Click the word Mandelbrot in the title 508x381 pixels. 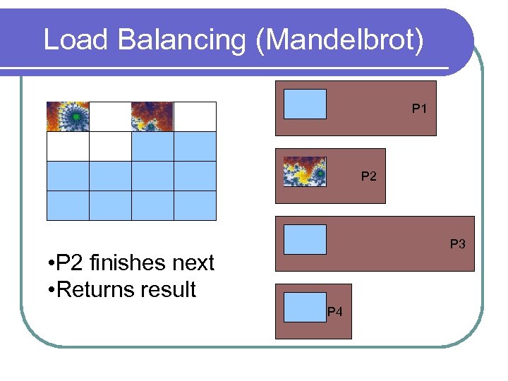pos(341,40)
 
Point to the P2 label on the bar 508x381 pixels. pos(368,176)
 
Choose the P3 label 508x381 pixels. pos(458,244)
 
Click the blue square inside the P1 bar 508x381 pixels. pos(305,104)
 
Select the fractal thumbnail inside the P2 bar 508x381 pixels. pos(305,171)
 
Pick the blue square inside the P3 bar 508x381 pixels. pos(305,239)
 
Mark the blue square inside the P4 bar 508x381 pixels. pos(305,307)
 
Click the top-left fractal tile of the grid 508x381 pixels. pos(68,116)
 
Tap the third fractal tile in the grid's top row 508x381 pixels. pos(152,116)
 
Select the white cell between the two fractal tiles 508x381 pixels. pos(110,116)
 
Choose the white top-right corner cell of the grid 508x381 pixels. pos(195,116)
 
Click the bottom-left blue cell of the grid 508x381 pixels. pos(68,205)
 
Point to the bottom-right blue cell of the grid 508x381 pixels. pos(195,205)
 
